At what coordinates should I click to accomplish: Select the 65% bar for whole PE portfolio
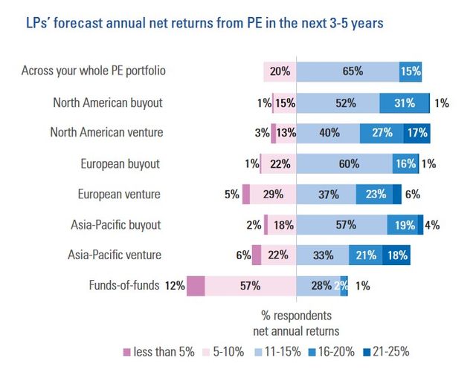347,71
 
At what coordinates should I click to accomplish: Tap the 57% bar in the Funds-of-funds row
250,286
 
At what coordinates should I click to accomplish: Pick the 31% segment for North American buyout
404,102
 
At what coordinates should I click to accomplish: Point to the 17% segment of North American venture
416,133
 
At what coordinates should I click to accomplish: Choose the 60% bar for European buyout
344,164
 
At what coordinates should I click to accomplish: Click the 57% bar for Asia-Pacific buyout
341,225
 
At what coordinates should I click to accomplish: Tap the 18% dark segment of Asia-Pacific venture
396,255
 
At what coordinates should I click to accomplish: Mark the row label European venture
120,195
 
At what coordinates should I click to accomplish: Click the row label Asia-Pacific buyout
114,225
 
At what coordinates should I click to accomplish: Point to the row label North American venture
106,133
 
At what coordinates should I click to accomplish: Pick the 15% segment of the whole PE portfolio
411,71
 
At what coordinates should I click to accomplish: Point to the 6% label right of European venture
413,195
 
